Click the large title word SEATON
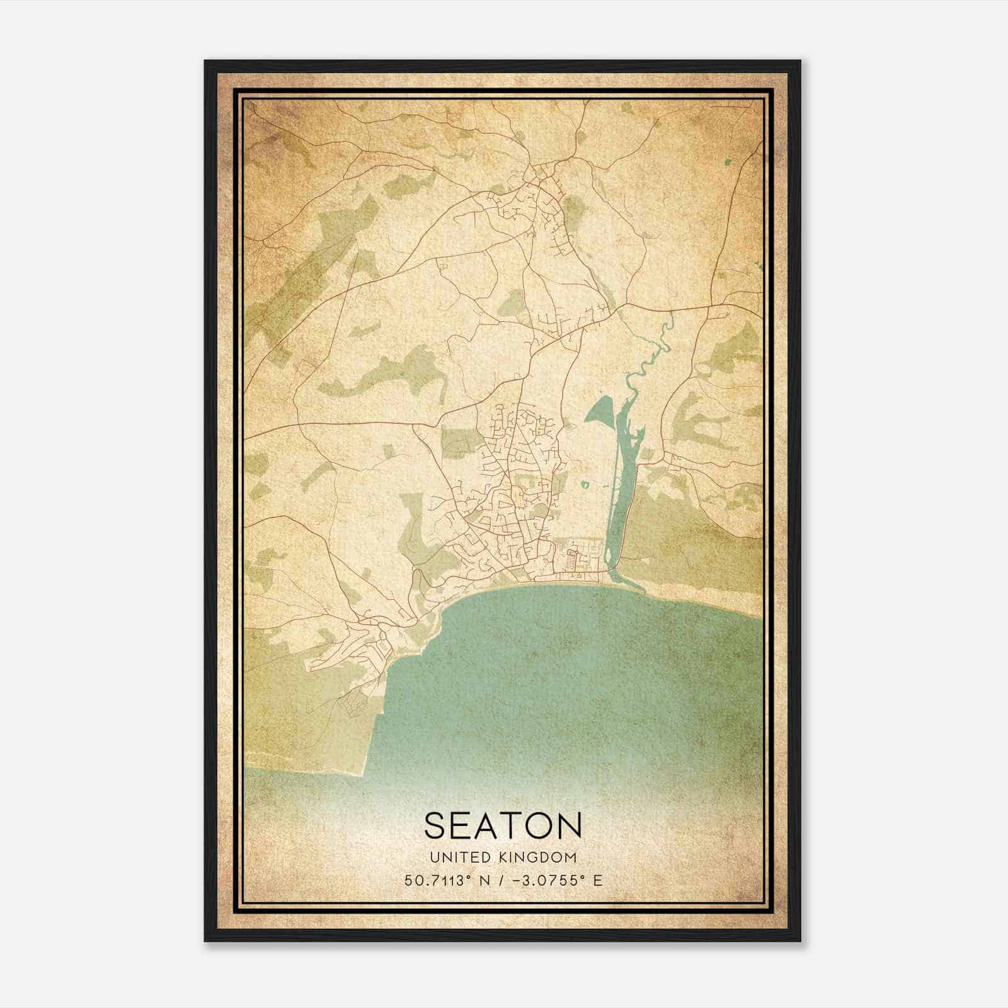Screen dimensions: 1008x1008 point(503,825)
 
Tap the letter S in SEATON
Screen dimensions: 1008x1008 point(436,825)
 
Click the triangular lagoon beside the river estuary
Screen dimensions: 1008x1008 point(598,413)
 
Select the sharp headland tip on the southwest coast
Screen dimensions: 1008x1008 point(364,772)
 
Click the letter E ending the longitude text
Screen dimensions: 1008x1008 point(598,880)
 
